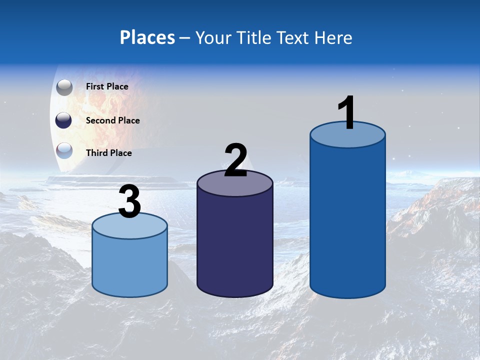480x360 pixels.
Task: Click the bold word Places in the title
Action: coord(147,37)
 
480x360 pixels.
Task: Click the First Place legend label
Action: coord(107,86)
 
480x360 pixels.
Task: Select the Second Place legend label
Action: coord(112,120)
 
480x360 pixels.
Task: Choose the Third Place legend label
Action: coord(108,153)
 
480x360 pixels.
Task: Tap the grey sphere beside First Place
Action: coord(64,87)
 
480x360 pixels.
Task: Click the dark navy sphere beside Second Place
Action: coord(64,120)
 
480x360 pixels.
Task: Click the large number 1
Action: coord(346,113)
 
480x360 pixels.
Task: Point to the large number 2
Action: coord(235,160)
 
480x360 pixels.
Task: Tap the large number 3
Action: coord(129,202)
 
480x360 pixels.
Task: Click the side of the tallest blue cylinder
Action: coord(347,220)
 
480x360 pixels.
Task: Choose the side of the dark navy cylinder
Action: coord(234,245)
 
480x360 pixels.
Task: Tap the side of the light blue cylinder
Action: coord(129,265)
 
